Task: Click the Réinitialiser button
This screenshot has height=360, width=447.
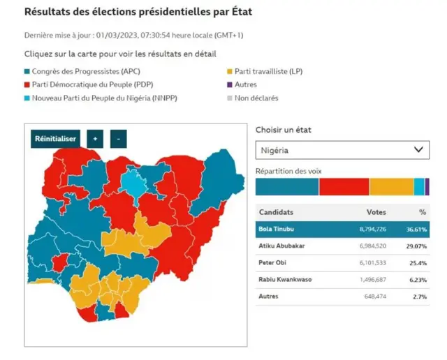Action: coord(56,139)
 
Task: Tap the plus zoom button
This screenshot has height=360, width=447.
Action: coord(95,139)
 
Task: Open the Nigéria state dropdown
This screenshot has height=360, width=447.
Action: coord(342,149)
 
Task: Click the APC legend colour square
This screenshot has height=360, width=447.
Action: coord(27,71)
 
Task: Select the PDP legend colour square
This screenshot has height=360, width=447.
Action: coord(27,84)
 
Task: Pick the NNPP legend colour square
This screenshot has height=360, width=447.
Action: coord(27,98)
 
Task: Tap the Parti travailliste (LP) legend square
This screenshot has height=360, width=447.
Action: coord(230,71)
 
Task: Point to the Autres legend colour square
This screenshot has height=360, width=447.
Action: coord(230,84)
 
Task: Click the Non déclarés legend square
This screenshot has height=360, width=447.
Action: coord(230,98)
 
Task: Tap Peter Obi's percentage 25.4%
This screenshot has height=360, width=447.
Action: coord(418,262)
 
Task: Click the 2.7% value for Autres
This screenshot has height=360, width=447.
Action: coord(420,297)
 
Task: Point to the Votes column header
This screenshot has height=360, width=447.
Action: coord(376,212)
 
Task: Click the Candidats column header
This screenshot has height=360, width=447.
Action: coord(276,212)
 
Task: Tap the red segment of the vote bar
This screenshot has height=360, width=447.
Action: coord(344,186)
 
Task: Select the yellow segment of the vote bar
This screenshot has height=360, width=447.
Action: coord(391,186)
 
